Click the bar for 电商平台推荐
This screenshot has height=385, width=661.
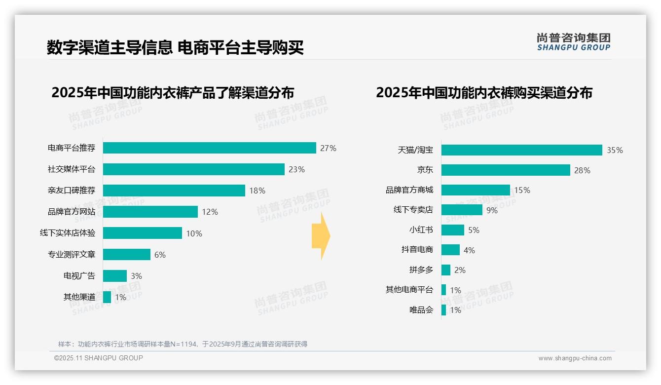point(209,148)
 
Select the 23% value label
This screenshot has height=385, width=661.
point(296,169)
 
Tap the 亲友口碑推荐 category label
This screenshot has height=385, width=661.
point(72,191)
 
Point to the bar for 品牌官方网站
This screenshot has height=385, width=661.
point(150,212)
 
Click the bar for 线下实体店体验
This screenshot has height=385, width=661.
point(142,233)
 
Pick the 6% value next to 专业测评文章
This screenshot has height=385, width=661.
point(160,255)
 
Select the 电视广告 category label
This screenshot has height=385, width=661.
point(79,276)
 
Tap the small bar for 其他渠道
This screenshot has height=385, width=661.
point(107,297)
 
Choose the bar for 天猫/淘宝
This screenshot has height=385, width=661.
point(521,150)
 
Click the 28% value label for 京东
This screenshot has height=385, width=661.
point(582,170)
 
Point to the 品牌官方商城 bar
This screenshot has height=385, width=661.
point(476,190)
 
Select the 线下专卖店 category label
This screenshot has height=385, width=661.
point(413,210)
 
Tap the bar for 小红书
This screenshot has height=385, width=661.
point(452,230)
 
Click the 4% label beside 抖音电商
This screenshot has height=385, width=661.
point(469,250)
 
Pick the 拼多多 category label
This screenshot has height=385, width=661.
point(421,270)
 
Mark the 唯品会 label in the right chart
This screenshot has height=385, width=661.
point(421,310)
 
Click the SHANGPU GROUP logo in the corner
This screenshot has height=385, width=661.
point(573,42)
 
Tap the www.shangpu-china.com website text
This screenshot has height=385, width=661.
point(575,358)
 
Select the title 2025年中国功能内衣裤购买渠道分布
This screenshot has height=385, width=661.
point(484,93)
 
